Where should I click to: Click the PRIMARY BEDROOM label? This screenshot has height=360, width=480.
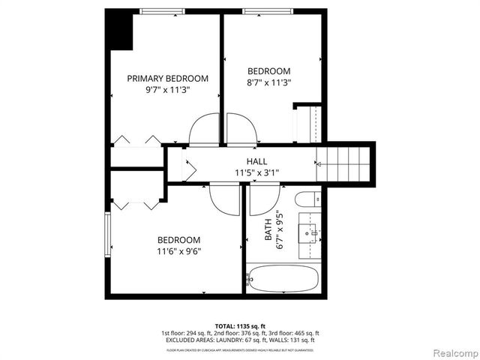click(167, 78)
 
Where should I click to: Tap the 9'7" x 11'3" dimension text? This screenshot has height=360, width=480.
click(167, 89)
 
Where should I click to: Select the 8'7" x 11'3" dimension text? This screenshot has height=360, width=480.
click(269, 82)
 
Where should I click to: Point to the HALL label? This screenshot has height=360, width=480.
click(257, 161)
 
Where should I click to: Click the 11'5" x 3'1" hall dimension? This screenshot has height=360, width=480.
click(256, 172)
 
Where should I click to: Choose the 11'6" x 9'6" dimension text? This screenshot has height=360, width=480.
click(178, 251)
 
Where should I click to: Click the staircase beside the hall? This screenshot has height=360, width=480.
click(346, 163)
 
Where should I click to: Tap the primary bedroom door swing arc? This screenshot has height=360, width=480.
click(203, 130)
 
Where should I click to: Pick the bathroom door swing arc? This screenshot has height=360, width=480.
click(263, 200)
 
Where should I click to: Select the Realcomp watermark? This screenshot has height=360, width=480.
click(452, 352)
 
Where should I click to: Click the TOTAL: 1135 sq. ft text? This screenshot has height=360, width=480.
click(239, 326)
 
